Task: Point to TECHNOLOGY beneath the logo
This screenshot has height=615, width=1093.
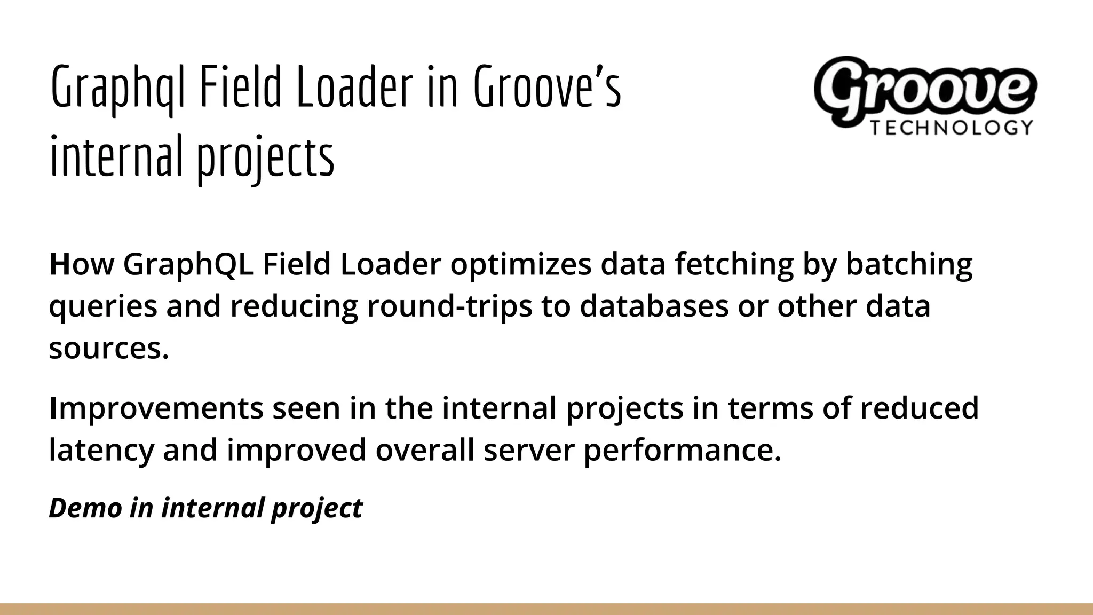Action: (952, 128)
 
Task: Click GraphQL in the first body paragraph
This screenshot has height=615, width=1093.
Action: (189, 264)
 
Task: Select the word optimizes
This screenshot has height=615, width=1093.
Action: (521, 264)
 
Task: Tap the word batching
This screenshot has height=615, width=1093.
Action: (909, 264)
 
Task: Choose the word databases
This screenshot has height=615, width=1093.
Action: (654, 306)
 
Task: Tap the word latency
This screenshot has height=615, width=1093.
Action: (101, 450)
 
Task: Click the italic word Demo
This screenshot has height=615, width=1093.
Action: (85, 507)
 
